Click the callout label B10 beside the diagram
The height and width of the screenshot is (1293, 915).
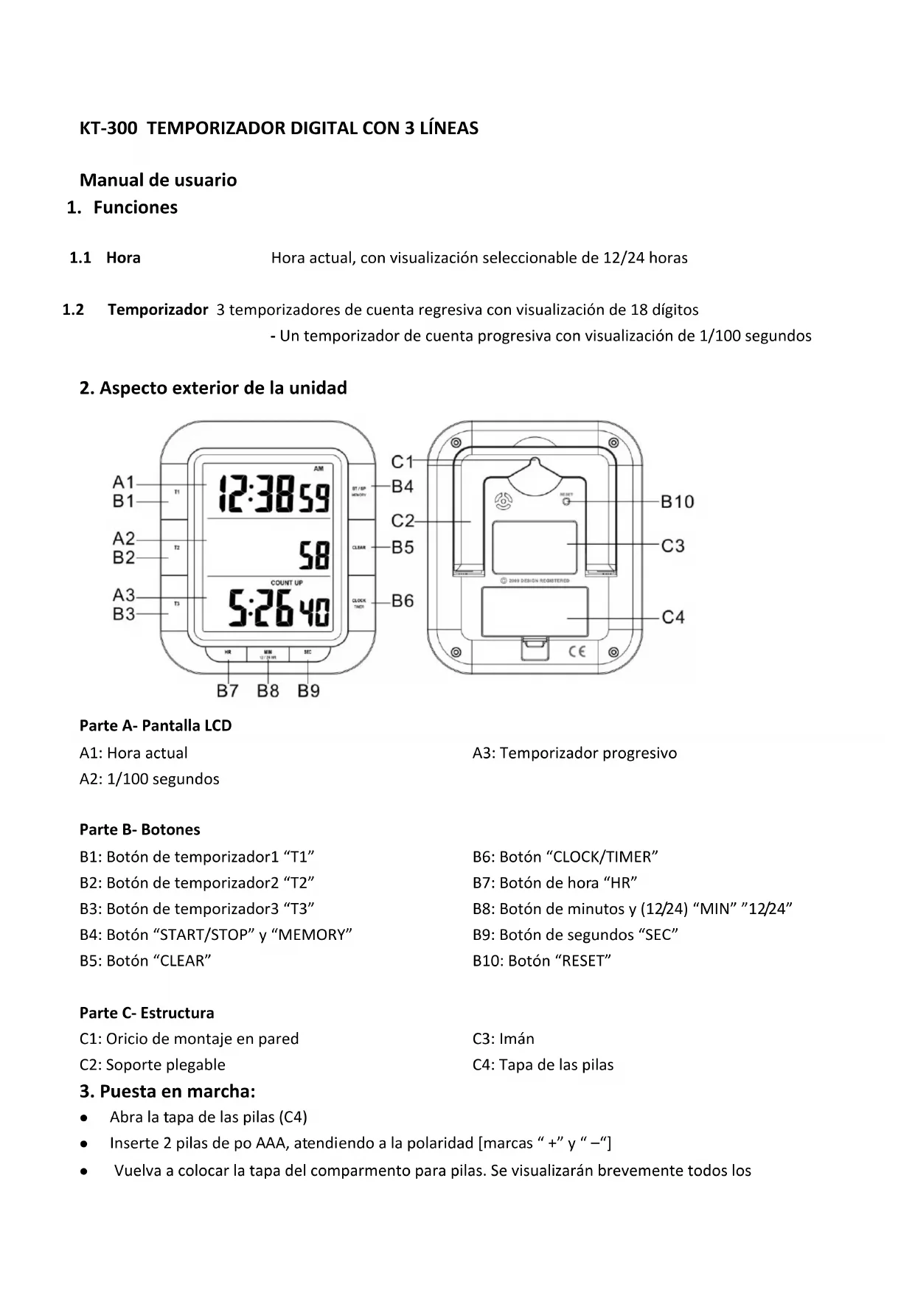point(677,502)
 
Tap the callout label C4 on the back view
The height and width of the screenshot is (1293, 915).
point(672,617)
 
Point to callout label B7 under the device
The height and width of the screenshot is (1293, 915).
point(228,691)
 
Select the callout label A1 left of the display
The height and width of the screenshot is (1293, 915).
point(123,483)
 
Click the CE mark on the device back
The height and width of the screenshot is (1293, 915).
point(577,651)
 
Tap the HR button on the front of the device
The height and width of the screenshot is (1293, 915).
point(228,652)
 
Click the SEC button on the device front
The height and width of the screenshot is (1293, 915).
point(307,652)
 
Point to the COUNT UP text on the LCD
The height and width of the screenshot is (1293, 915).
point(286,583)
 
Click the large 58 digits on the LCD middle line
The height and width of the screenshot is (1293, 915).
point(314,555)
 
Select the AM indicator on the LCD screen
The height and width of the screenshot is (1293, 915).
point(319,468)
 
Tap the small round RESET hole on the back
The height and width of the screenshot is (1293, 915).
point(566,501)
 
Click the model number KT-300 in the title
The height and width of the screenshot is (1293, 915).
point(108,128)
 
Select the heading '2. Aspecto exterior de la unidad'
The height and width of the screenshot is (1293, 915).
point(213,388)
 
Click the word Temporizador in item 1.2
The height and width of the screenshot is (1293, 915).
point(158,310)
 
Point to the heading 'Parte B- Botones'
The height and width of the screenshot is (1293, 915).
point(139,829)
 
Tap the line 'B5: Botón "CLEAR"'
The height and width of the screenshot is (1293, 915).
point(145,961)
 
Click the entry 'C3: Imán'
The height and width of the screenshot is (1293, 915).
point(503,1039)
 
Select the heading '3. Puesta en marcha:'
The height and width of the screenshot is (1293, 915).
point(167,1091)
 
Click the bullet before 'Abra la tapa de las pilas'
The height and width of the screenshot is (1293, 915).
point(86,1118)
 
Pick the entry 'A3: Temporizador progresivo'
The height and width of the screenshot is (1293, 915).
point(574,753)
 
